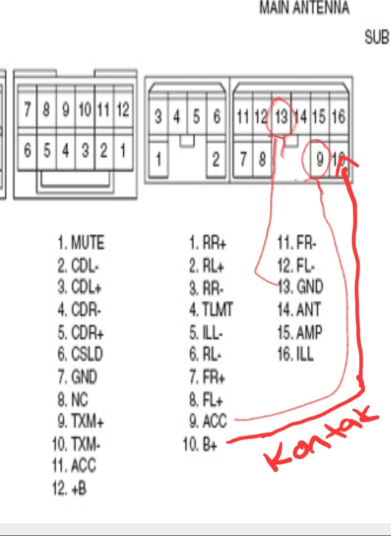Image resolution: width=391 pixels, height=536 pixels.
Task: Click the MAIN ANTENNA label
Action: pos(304,8)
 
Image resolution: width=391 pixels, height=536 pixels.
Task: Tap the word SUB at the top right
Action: pos(377,37)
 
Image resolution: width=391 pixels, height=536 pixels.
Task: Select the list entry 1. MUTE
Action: pos(81,243)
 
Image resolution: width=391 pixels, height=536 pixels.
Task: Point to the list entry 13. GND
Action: pos(300,286)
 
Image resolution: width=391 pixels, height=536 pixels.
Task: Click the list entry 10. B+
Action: pos(200,444)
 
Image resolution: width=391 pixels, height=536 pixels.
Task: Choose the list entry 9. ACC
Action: pos(207,421)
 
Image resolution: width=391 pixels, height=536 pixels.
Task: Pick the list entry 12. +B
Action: pos(69,488)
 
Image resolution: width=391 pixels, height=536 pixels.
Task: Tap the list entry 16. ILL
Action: pos(295,354)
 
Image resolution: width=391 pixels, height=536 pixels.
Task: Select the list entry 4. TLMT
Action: pos(210,310)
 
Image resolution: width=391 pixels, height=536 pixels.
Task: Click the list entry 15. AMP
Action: pos(299,332)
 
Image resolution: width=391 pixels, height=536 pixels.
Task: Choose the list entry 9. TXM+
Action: pos(80,422)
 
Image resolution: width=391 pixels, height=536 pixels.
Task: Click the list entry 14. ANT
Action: pos(299,310)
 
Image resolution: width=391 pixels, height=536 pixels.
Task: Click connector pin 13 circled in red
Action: pos(281,117)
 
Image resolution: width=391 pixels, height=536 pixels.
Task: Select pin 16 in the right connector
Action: pos(339,117)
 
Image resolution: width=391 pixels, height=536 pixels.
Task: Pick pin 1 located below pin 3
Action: pos(159,160)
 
